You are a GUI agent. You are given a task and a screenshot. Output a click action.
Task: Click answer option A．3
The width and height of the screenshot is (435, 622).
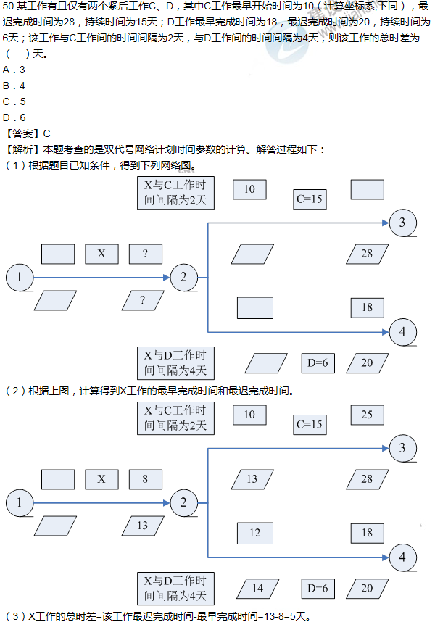pos(14,70)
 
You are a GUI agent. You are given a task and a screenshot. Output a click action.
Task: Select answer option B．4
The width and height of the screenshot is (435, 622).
pos(14,86)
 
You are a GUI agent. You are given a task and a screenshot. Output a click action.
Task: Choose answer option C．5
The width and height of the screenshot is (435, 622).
pos(14,101)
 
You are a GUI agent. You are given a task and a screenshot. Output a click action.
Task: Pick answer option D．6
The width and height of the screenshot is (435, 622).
pos(14,117)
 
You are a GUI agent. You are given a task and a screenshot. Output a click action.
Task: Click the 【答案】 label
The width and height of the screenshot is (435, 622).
pos(22,133)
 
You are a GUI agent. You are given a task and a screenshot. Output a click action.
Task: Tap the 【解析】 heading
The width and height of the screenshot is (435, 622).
pos(22,149)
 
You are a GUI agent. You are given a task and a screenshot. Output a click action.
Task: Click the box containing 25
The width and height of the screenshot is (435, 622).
pos(367,415)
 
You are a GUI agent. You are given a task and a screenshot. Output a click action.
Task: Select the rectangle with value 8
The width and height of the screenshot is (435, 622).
pos(145,479)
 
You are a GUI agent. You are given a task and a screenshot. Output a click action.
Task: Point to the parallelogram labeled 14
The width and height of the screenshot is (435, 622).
pos(257,588)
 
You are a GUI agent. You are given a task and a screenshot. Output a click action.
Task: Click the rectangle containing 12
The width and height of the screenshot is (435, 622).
pos(254,533)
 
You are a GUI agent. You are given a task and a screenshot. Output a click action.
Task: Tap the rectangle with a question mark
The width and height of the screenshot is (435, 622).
pos(145,254)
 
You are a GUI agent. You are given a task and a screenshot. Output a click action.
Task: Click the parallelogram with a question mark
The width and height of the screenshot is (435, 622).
pos(142,300)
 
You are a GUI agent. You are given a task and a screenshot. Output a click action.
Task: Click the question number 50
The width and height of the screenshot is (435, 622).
pos(9,7)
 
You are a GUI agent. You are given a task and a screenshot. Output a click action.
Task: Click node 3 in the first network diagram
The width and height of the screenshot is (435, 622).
pos(402,223)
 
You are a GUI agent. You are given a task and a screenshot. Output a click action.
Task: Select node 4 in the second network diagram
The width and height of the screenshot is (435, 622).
pos(402,558)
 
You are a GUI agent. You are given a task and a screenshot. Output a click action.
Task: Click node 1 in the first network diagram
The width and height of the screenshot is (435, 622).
pos(20,276)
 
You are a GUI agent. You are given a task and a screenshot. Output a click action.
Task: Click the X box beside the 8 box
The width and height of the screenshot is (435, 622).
pos(101,479)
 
